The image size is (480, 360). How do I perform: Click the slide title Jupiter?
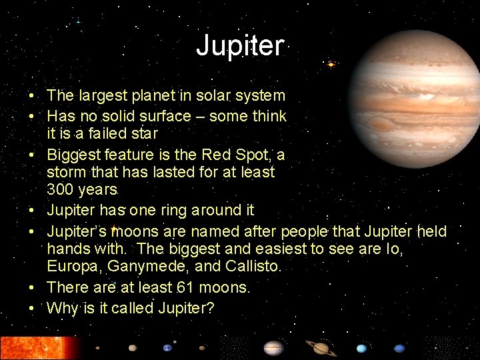(x=240, y=45)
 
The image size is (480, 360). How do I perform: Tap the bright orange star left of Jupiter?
(x=331, y=65)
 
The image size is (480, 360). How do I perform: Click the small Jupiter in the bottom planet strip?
(x=273, y=348)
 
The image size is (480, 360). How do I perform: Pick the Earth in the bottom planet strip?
(x=167, y=347)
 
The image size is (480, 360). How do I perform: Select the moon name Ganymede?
(x=141, y=267)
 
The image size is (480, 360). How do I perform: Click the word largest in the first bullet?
(x=102, y=96)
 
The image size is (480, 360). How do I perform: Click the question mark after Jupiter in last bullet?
(x=211, y=308)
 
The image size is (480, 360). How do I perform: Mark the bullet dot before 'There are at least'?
(x=32, y=288)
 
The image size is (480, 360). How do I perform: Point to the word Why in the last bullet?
(x=61, y=308)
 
